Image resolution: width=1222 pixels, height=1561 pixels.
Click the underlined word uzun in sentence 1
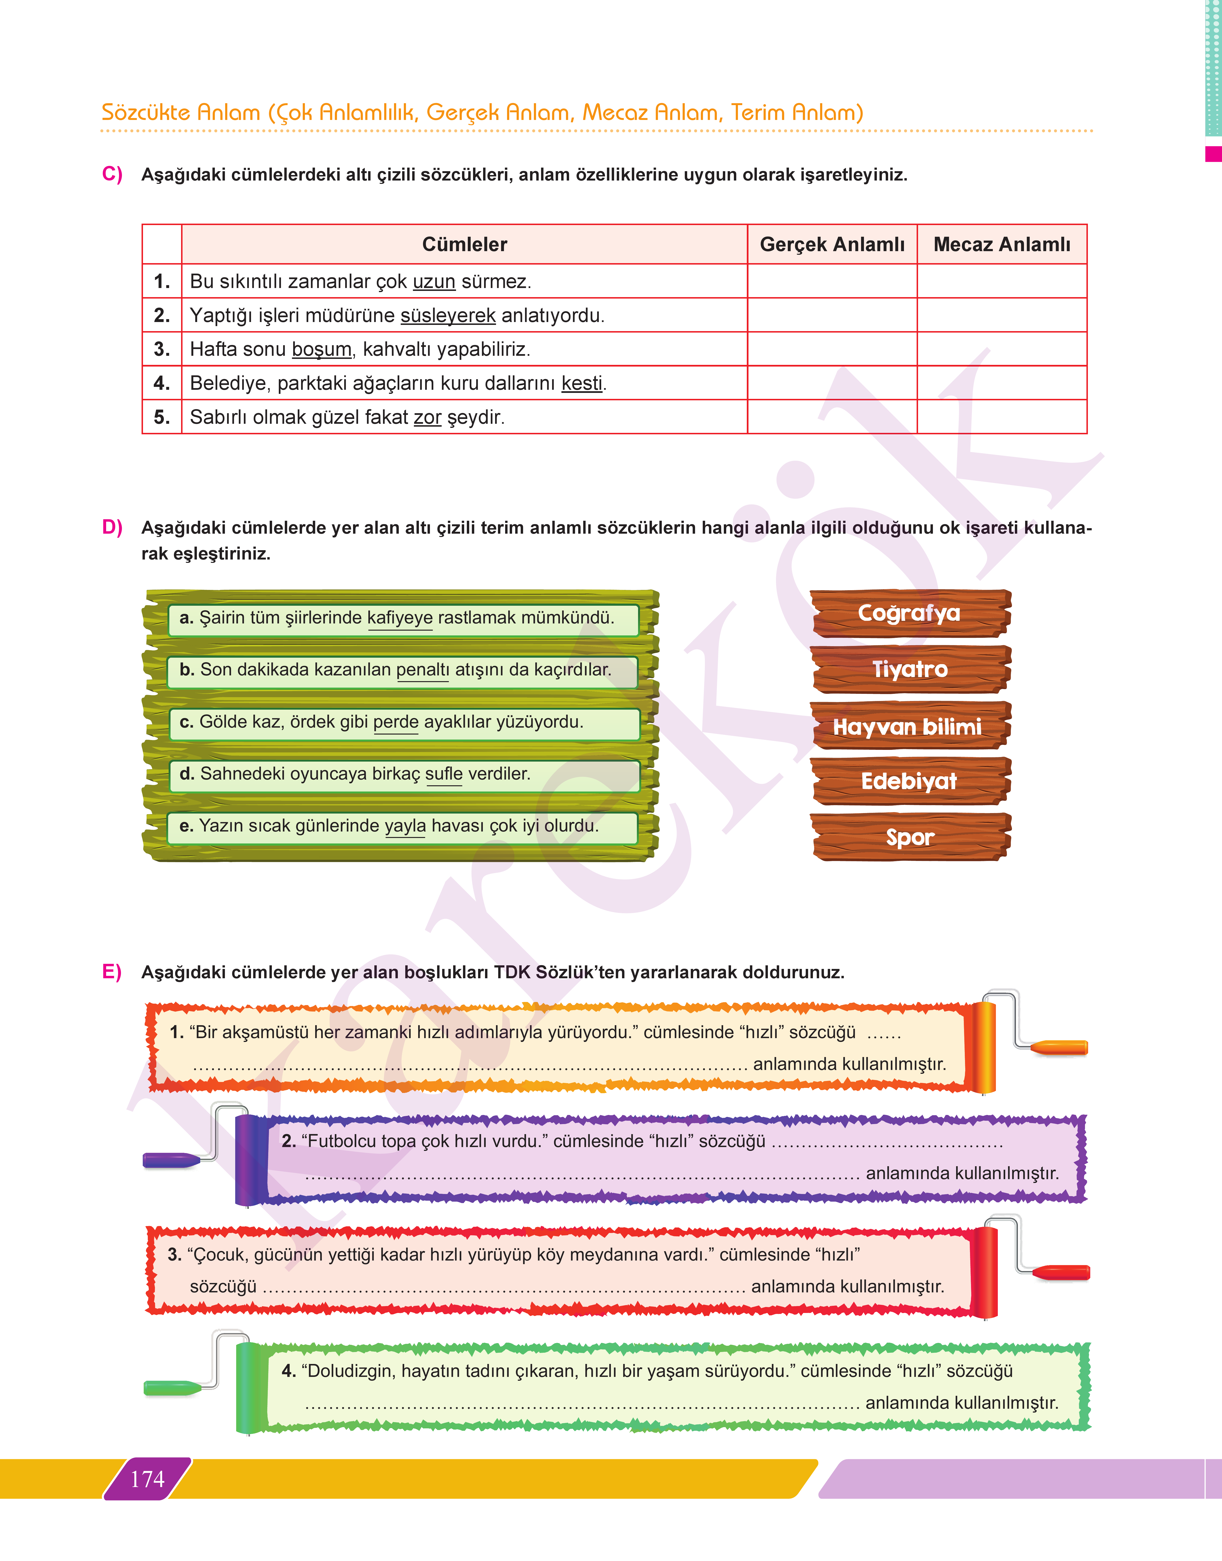434,282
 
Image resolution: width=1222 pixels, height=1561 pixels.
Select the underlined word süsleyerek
448,315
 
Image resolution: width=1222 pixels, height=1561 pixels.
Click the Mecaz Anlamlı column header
1002,244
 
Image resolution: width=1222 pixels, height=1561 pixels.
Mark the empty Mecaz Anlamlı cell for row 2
1002,315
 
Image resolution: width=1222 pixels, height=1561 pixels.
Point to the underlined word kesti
582,383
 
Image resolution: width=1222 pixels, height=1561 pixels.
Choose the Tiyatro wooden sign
909,669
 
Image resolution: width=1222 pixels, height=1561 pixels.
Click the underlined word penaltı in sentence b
422,670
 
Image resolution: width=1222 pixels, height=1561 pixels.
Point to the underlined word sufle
444,774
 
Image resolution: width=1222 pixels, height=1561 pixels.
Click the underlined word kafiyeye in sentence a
400,618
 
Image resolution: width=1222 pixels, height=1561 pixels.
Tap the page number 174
147,1479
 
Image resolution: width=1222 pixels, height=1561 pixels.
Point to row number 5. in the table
162,417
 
